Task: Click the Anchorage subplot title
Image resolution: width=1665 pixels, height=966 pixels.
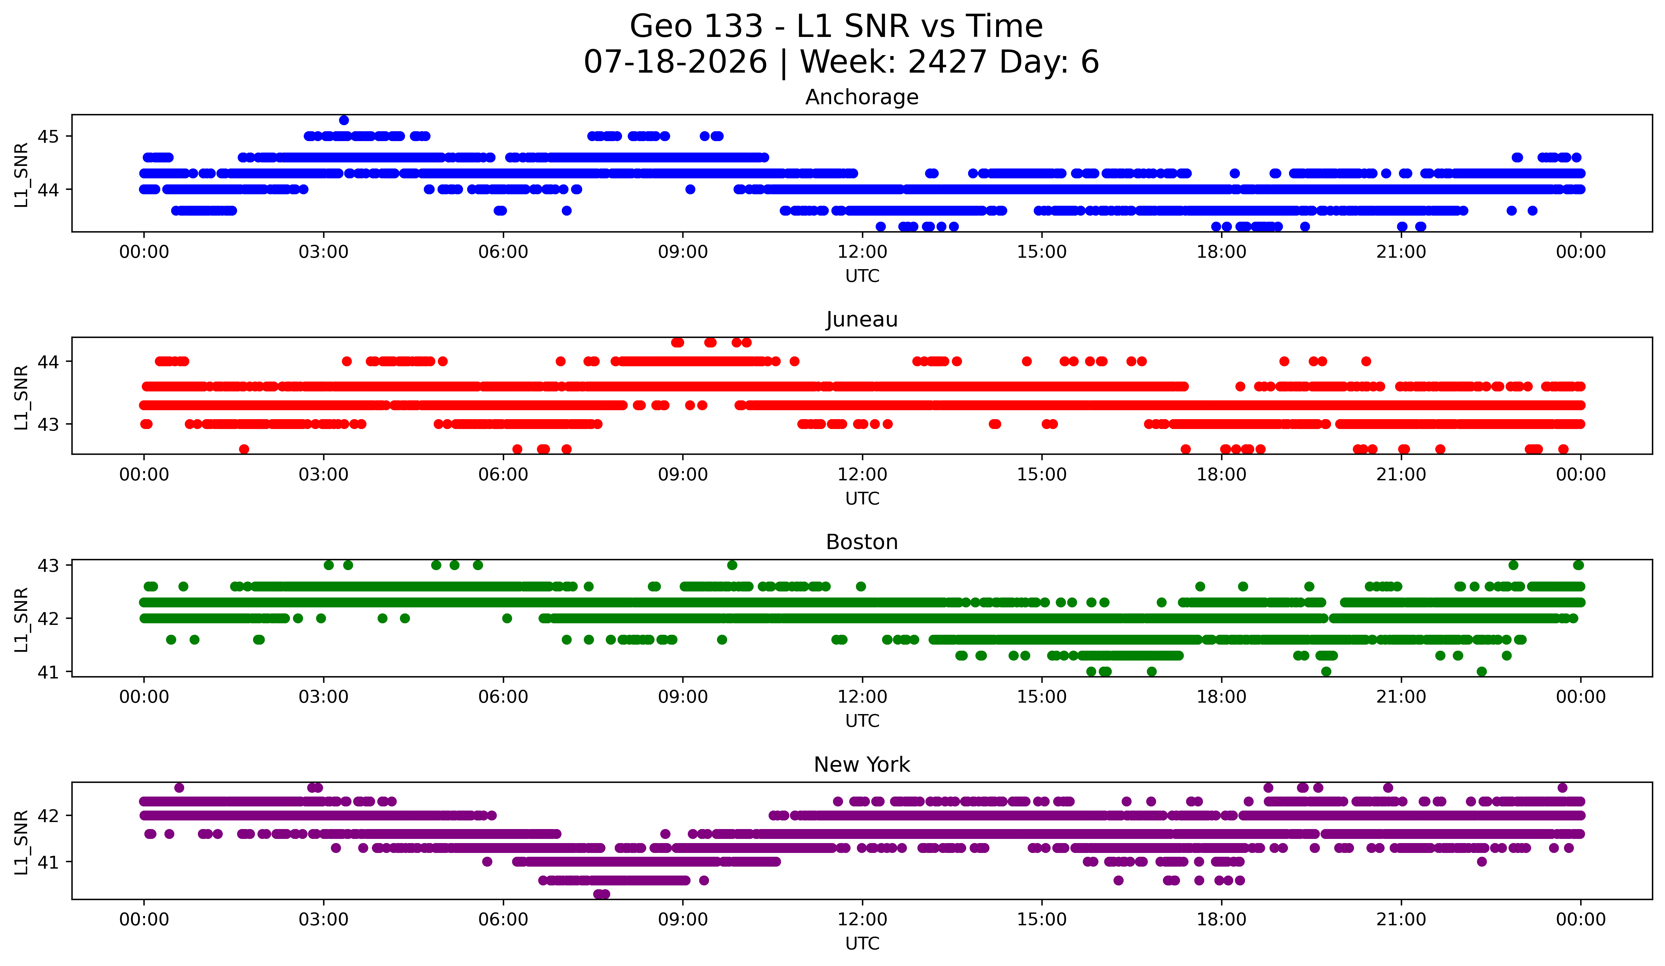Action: (862, 97)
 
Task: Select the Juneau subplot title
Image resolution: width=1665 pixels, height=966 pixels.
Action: (862, 319)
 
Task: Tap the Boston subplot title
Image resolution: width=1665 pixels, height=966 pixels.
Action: (862, 542)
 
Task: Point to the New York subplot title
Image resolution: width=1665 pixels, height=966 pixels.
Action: (862, 765)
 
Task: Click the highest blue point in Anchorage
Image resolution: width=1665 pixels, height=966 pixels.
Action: (344, 120)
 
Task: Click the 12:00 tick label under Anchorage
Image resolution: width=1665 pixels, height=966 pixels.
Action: (862, 252)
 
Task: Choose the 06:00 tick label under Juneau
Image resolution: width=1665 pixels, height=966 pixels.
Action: (503, 475)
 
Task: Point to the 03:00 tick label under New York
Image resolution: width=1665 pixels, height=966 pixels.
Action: (324, 920)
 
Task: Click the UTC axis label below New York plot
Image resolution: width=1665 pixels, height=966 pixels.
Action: (862, 944)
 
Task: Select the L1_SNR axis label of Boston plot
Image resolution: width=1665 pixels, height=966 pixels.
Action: (21, 619)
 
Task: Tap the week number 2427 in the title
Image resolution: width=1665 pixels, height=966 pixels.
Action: (947, 62)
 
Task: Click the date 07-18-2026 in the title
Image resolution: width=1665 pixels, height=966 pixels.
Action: (675, 62)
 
